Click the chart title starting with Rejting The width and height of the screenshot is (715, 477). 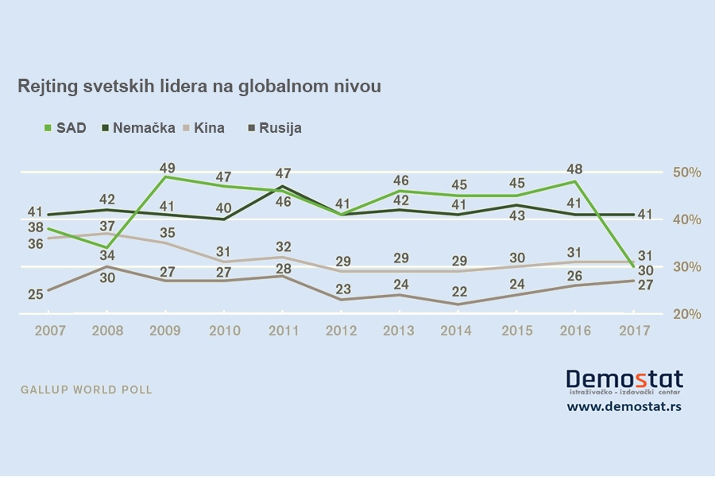point(199,87)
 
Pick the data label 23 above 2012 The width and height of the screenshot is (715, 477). point(342,289)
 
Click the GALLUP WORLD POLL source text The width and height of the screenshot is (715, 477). point(85,390)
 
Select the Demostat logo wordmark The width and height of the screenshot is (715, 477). point(624,378)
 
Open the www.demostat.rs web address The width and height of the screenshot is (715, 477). point(624,406)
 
